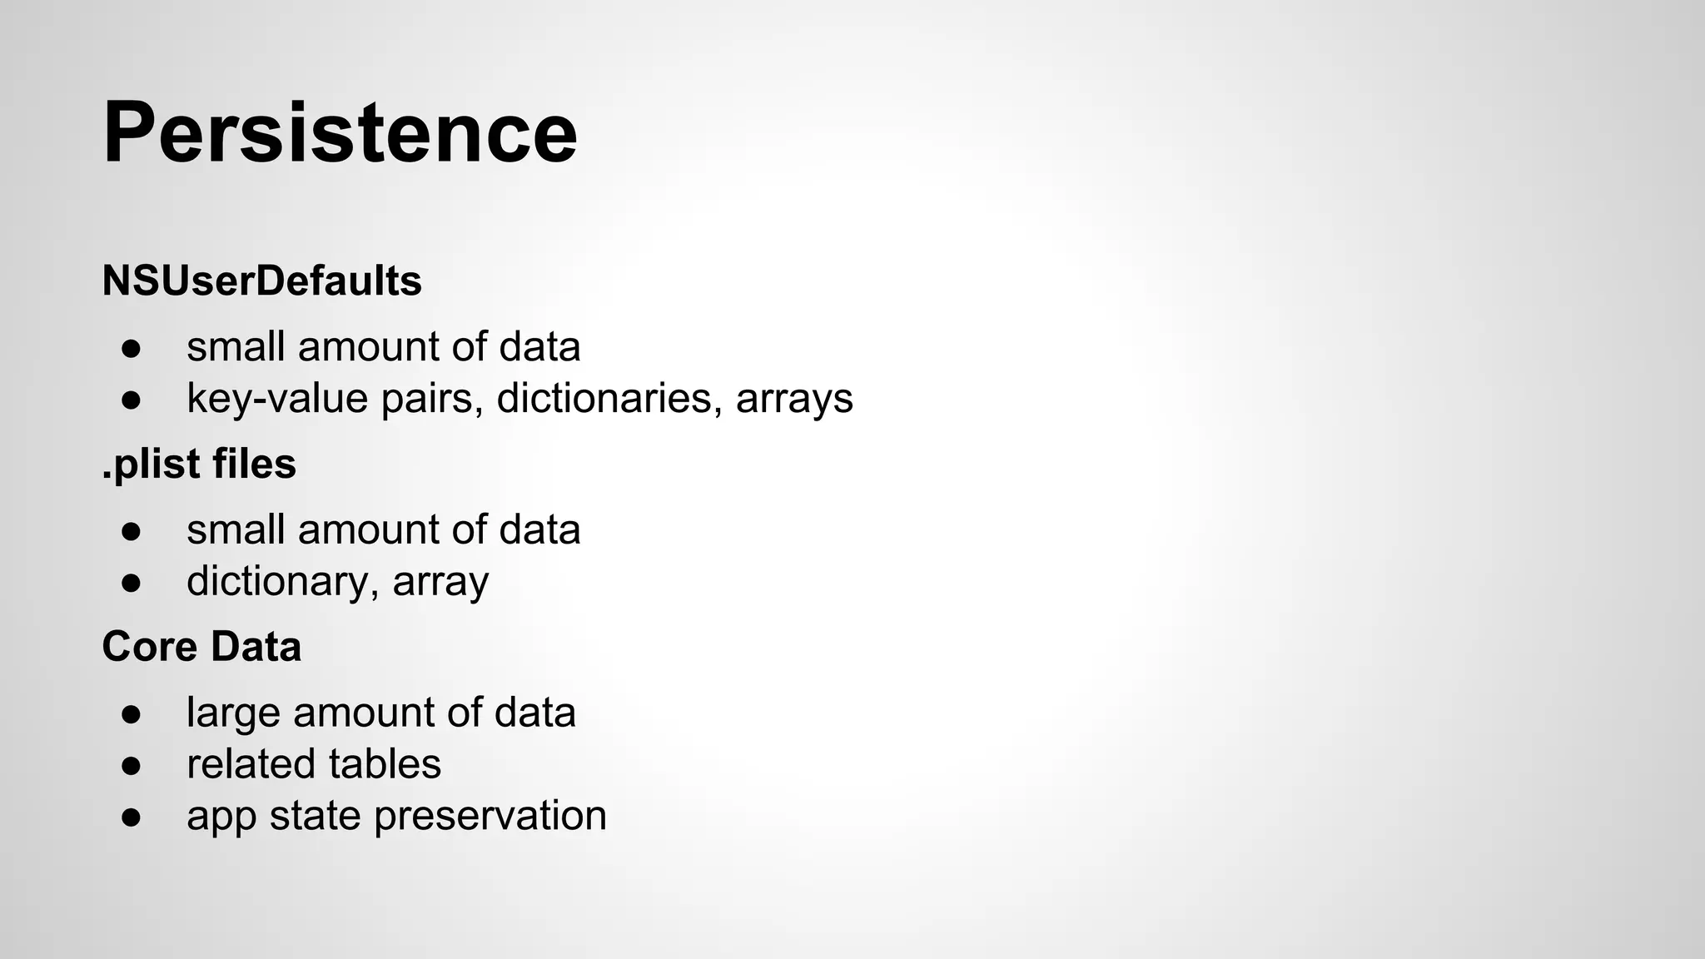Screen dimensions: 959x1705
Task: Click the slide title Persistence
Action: (x=340, y=133)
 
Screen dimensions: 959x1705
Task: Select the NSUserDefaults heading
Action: (x=261, y=281)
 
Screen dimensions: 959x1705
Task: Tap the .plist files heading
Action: (x=199, y=464)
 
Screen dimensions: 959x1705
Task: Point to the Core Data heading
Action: (x=201, y=647)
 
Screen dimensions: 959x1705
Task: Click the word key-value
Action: (x=277, y=398)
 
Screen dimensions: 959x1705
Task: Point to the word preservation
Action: (x=490, y=816)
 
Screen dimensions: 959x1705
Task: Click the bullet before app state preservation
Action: (x=132, y=817)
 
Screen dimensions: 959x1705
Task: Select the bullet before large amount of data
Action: (x=132, y=713)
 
